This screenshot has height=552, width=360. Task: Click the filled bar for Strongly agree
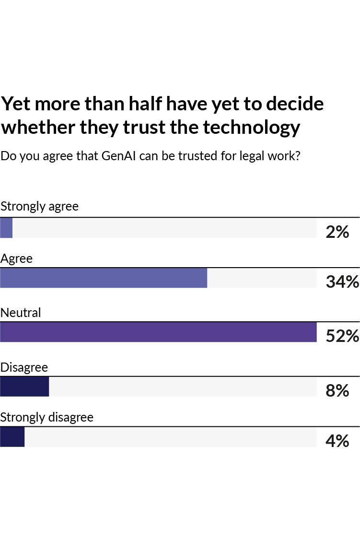coord(6,228)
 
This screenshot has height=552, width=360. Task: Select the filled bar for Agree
coord(104,278)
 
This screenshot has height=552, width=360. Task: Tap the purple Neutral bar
coord(158,332)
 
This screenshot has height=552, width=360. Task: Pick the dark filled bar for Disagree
coord(24,387)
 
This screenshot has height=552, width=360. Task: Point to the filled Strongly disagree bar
coord(12,437)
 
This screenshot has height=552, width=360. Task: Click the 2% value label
coord(337,232)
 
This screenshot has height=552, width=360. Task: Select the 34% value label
coord(342,282)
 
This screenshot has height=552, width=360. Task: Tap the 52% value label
coord(342,336)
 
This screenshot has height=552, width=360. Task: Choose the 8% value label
coord(337,391)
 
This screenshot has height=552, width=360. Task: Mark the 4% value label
coord(337,441)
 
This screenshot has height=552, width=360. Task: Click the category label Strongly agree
coord(40,207)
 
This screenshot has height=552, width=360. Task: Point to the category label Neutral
coord(21,313)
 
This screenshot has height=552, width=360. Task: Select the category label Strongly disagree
coord(47,417)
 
